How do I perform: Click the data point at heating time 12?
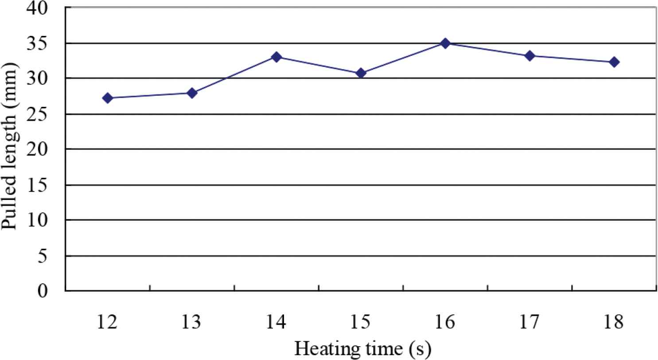pos(108,98)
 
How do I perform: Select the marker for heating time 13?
pos(192,93)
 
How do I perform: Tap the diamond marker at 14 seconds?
pos(276,57)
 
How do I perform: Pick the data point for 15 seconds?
pos(361,73)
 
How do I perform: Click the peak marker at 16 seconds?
pos(445,43)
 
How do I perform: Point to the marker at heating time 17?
pos(530,56)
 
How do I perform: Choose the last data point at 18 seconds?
pos(614,62)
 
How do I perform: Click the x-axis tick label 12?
pos(108,322)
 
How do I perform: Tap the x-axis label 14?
pos(276,322)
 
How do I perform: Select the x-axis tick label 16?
pos(445,322)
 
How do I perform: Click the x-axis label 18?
pos(614,322)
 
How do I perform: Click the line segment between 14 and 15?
pos(319,65)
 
